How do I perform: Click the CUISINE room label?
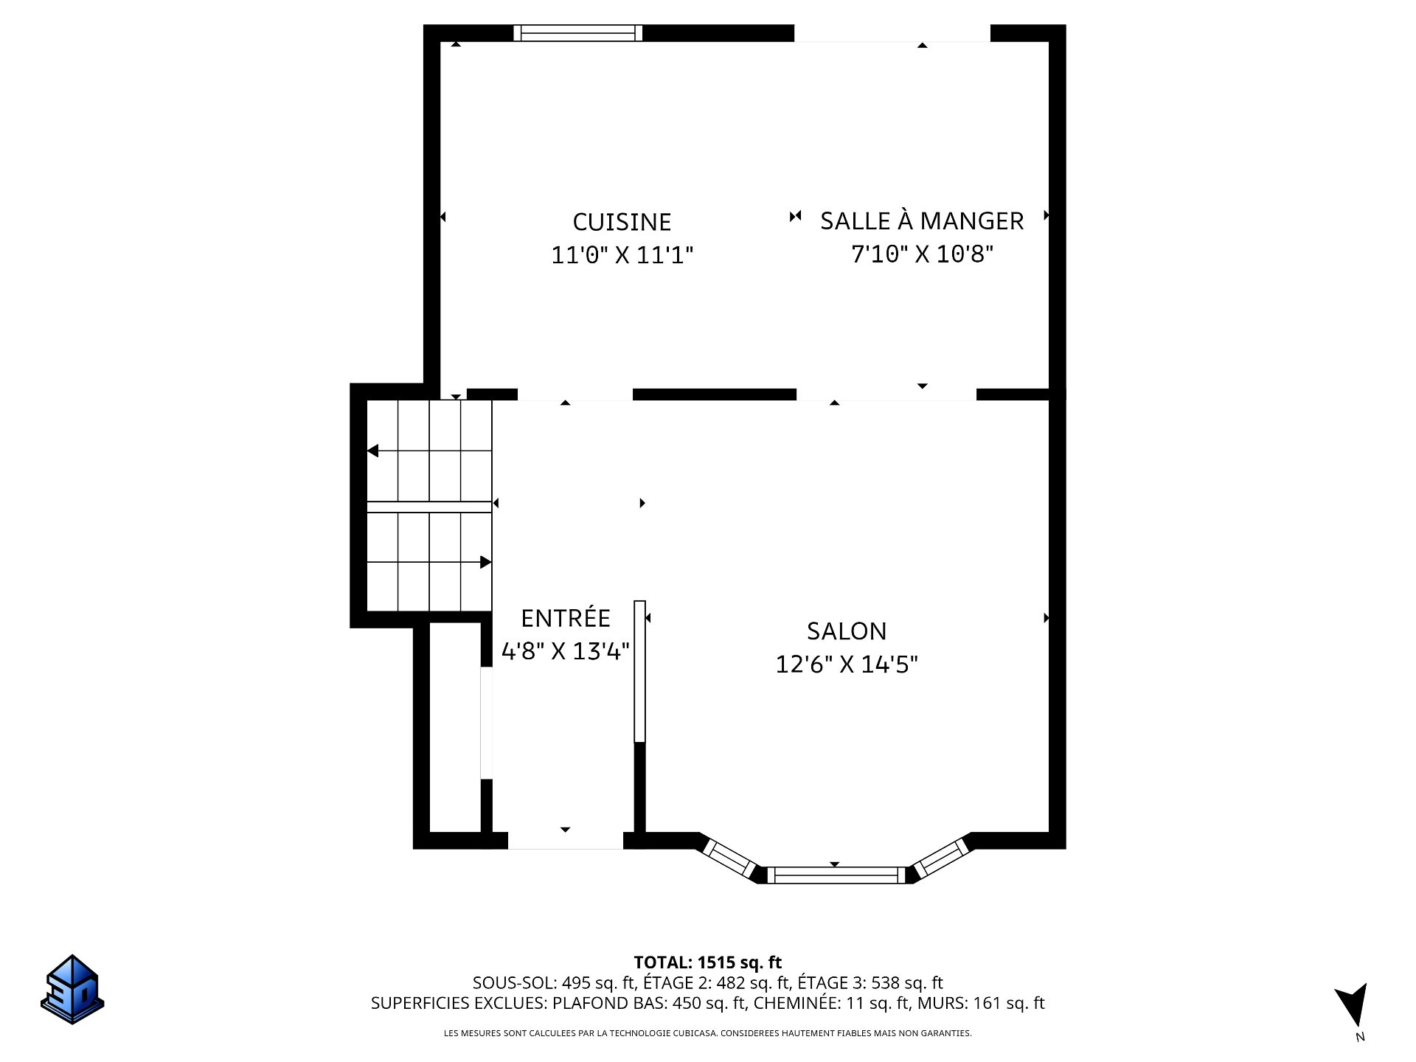[622, 222]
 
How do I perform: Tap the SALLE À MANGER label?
[922, 221]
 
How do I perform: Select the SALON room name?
[847, 631]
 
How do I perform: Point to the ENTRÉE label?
[566, 617]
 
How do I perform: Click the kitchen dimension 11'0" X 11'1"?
[622, 255]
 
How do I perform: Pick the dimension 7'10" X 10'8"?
[922, 254]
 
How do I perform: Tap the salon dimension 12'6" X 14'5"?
[847, 664]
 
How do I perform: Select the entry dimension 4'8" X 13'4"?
[566, 651]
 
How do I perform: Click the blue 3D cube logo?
[72, 989]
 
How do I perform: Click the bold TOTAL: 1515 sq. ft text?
[708, 962]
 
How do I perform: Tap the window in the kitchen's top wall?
[578, 33]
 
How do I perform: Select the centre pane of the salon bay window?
[836, 875]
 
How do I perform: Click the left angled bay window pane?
[729, 858]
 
